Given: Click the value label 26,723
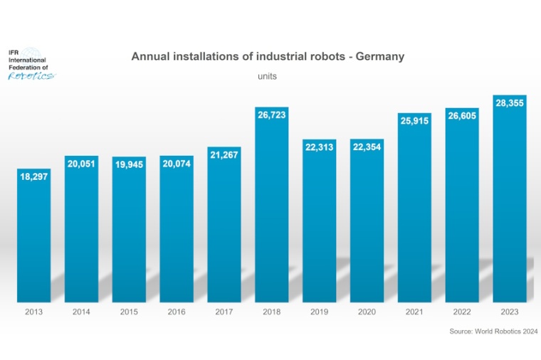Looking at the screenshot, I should point(271,115).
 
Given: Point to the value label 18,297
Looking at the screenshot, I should point(33,176).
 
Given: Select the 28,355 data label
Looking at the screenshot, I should point(510,103).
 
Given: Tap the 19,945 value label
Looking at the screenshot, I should point(129,164).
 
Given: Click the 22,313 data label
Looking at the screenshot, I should point(319,147).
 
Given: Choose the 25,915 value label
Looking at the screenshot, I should point(414,120).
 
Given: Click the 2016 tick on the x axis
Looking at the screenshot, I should point(177,312).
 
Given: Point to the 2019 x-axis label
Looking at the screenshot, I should point(319,312).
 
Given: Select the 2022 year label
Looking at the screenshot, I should point(462,312).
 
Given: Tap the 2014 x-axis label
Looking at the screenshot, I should point(81,312).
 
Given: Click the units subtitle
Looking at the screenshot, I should point(268,75).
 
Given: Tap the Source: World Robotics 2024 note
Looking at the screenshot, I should point(493,332).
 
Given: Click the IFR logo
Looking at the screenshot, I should point(29,65).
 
